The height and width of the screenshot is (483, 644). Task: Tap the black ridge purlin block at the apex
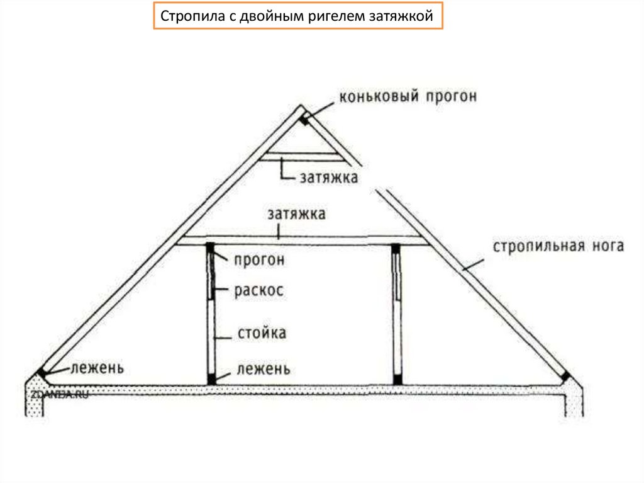click(304, 119)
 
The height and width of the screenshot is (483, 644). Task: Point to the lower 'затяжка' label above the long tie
click(296, 214)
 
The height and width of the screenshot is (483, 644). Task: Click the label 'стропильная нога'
click(558, 246)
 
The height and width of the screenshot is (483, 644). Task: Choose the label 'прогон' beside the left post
click(259, 259)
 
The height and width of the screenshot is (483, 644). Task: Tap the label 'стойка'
click(262, 332)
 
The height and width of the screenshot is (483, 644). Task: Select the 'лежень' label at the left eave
click(97, 367)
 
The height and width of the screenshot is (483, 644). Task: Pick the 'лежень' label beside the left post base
click(264, 368)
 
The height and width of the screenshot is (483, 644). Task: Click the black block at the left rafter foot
click(42, 372)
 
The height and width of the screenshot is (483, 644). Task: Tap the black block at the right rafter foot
click(565, 377)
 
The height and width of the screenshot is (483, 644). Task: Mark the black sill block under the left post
click(212, 379)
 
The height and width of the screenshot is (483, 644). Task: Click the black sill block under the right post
click(397, 379)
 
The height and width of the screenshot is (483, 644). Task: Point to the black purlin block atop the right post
click(396, 249)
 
